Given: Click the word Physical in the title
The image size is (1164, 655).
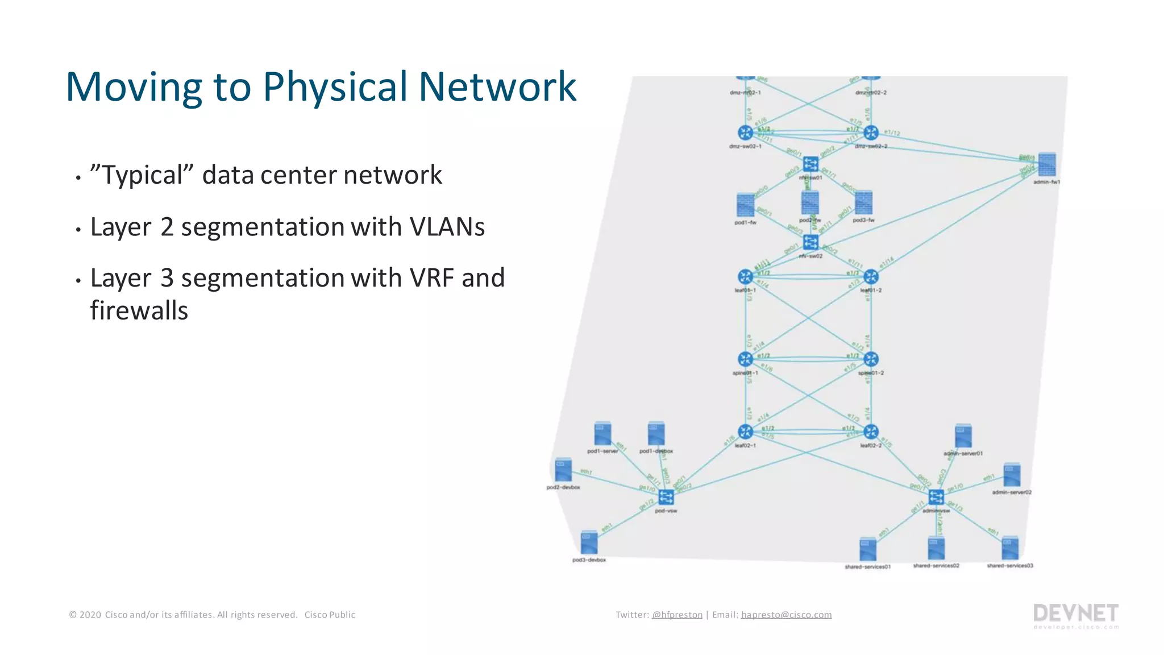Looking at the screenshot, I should coord(336,87).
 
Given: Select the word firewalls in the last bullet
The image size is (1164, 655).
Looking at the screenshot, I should coord(139,311).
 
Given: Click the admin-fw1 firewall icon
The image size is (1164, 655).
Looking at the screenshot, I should coord(1046,165).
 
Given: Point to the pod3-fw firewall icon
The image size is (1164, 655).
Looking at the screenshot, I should coord(863,203).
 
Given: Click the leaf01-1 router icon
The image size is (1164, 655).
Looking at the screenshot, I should coord(745,277).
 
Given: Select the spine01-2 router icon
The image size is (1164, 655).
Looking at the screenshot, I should coord(871,359).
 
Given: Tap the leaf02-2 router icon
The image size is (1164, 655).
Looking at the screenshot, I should coord(871,432).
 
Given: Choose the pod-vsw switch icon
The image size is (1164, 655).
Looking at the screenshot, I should coord(666,498).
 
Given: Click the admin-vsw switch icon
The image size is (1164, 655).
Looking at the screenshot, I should coord(936,497).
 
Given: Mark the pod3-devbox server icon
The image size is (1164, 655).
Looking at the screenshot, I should coord(589,543).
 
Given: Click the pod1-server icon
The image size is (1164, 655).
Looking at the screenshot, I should coord(602,434).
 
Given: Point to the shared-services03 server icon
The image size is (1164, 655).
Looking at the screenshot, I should coord(1009,549).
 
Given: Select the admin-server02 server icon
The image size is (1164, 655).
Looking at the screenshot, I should coord(1012,475).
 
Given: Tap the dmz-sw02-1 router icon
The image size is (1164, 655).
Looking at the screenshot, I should coord(745,133).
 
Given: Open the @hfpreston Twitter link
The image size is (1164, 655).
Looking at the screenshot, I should coord(677,615).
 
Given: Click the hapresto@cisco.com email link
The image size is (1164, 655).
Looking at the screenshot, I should coord(786,615).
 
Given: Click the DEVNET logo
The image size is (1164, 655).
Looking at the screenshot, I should coord(1075,614).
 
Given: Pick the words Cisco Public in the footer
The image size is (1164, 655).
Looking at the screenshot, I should coord(330,615).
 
